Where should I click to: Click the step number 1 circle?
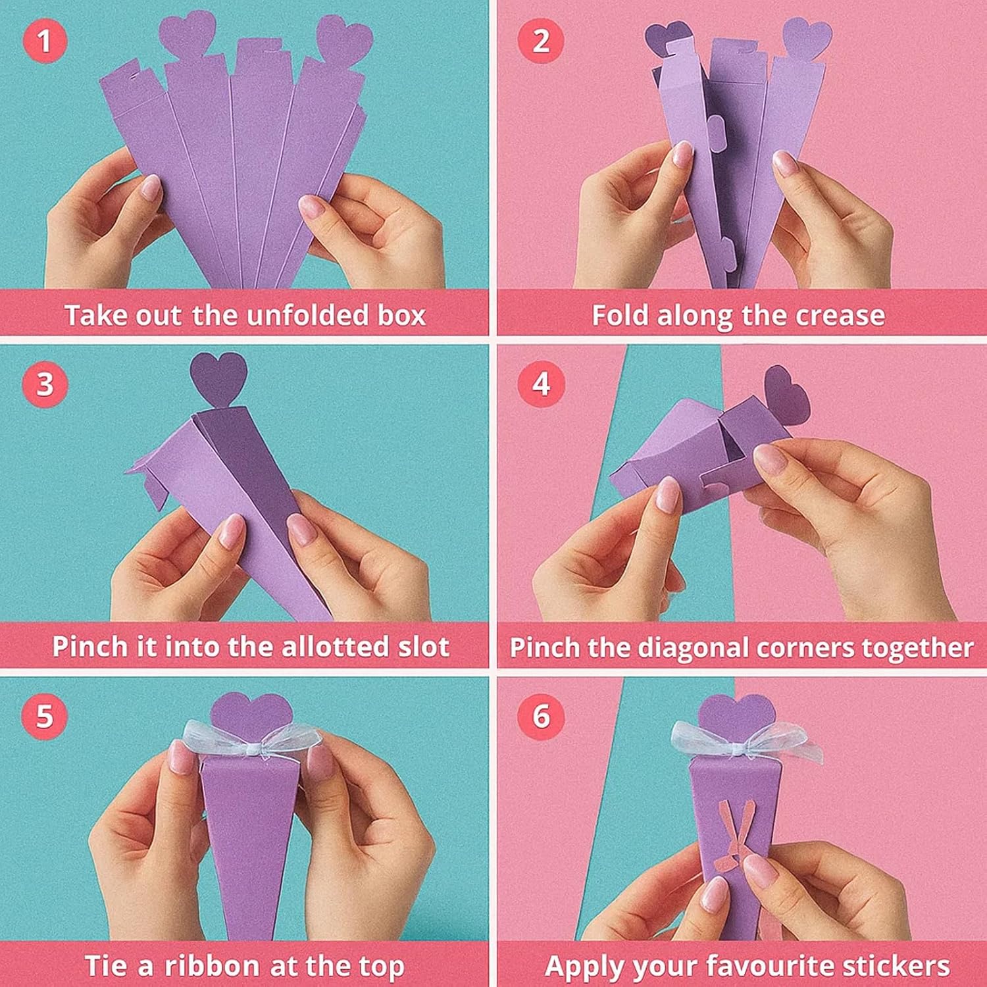click(45, 41)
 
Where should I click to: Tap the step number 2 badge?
click(541, 41)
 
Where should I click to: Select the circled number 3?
click(45, 384)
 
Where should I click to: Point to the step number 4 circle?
click(541, 384)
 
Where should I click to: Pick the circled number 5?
click(45, 716)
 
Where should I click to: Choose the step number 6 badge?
click(541, 716)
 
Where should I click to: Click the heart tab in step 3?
click(219, 380)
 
